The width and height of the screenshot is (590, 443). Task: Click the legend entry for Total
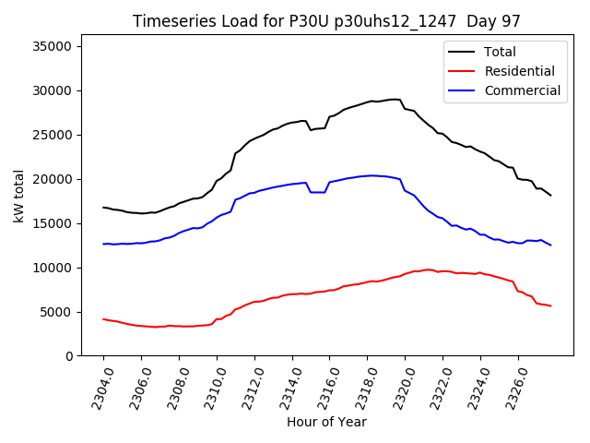tap(499, 52)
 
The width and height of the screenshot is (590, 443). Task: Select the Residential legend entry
tap(519, 71)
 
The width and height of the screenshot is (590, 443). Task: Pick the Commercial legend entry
tap(522, 90)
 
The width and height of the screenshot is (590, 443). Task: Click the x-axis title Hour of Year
tap(326, 422)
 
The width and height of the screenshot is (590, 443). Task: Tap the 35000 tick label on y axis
tap(54, 46)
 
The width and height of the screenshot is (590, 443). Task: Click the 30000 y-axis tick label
tap(54, 90)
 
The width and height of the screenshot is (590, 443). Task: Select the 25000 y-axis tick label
tap(54, 135)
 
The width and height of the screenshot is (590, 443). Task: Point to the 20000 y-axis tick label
tap(54, 179)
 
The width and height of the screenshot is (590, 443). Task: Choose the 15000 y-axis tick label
tap(54, 223)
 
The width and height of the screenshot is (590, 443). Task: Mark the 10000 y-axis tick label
tap(54, 268)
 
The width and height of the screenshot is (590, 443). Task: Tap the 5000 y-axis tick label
tap(58, 312)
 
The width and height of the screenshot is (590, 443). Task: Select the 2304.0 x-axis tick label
tap(96, 385)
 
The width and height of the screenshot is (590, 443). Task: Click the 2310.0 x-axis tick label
tap(209, 385)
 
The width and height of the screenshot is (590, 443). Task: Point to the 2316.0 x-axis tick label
tap(323, 385)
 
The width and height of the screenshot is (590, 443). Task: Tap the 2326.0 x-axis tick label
tap(511, 385)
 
